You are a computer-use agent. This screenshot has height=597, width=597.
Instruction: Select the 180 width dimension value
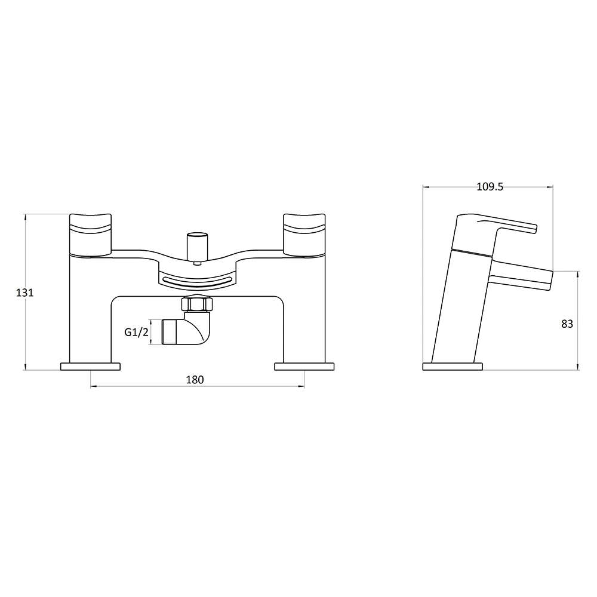(196, 380)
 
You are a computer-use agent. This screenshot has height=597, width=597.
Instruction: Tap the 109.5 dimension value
(490, 187)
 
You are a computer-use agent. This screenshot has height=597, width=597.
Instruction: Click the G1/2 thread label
(136, 333)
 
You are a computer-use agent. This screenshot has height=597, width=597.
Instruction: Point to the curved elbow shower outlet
(194, 331)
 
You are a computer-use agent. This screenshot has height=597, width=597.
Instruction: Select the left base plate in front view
(90, 367)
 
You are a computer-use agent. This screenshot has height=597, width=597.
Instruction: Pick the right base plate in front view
(304, 367)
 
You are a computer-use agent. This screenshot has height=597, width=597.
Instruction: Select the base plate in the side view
(453, 367)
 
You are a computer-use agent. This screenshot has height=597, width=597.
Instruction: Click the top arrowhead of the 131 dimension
(26, 217)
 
